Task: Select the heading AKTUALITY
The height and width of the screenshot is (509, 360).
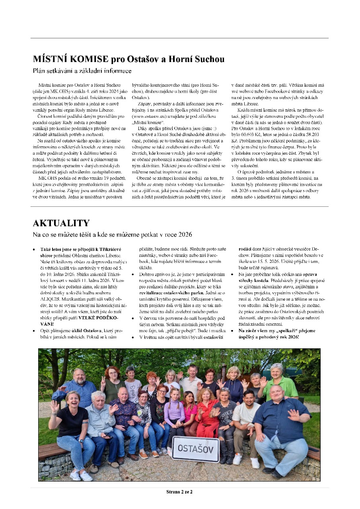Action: [x=61, y=223]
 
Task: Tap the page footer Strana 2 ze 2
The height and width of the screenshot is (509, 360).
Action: [x=179, y=492]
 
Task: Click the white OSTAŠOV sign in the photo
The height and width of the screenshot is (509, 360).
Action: [x=196, y=449]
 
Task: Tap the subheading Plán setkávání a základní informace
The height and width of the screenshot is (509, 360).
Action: [x=82, y=71]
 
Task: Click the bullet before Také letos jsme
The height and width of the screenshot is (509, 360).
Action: [x=34, y=249]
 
